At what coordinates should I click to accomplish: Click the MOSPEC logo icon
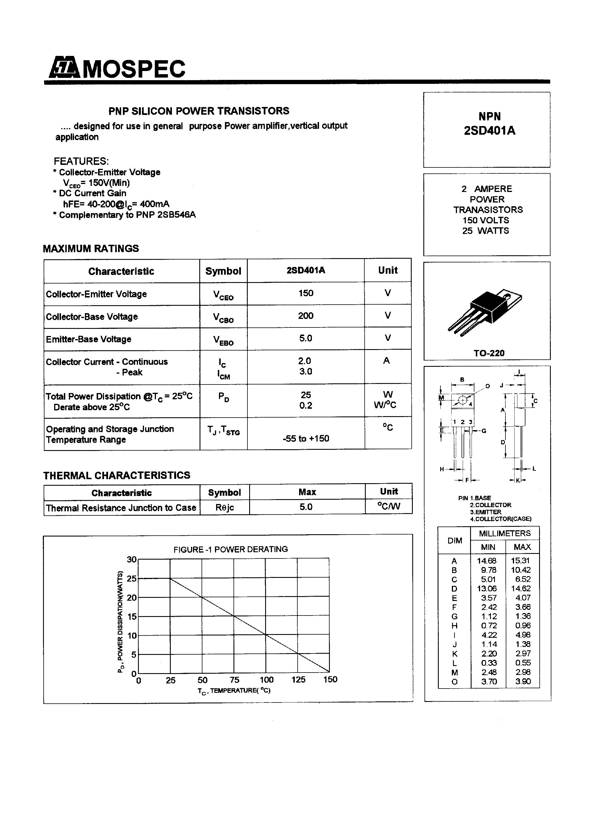coord(64,68)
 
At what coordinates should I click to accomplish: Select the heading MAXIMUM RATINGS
coord(91,248)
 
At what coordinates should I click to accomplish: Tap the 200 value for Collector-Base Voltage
coord(305,316)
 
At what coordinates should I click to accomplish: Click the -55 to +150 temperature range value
coord(306,438)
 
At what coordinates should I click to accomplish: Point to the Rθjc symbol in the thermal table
coord(224,507)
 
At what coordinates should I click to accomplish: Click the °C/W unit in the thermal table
coord(389,506)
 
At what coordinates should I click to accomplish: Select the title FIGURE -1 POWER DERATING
coord(231,549)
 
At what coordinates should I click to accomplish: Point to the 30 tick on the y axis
coord(131,559)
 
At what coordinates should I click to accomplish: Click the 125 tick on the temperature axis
coord(298,680)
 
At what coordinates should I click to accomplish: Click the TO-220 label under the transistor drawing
coord(489,353)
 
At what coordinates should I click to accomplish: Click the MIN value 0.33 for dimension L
coord(489,663)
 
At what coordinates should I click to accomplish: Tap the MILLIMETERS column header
coord(504,533)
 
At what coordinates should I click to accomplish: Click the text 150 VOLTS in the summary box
coord(486,220)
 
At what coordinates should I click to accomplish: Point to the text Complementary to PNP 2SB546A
coord(127,215)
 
